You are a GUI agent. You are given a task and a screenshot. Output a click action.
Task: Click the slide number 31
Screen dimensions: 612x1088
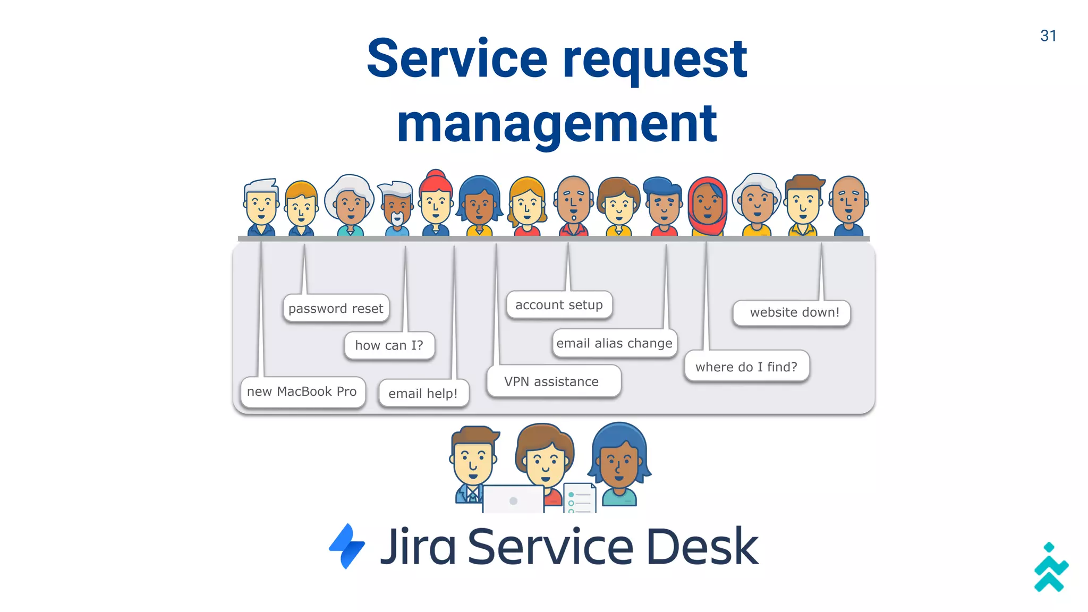[x=1048, y=36]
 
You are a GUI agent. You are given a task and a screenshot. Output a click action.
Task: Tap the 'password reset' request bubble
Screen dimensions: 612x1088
[x=336, y=309]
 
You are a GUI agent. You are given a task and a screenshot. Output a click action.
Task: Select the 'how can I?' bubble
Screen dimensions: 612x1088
[x=389, y=345]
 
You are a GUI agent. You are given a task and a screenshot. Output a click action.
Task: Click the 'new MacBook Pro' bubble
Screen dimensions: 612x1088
[x=302, y=392]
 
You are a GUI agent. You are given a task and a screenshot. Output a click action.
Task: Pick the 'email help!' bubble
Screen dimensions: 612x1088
[x=423, y=394]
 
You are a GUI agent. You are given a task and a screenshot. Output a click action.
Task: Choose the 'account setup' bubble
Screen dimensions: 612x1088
[x=559, y=305]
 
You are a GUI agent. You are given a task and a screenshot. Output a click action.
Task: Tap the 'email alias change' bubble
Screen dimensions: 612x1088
[x=614, y=343]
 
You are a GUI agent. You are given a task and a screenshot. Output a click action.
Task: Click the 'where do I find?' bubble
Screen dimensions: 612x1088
[x=746, y=367]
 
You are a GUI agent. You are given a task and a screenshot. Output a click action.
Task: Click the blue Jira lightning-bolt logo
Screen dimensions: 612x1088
[x=347, y=546]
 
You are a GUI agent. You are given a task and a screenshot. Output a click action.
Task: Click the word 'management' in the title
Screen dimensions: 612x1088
[x=557, y=124]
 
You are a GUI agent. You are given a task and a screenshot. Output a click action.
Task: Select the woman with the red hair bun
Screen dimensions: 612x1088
[x=436, y=202]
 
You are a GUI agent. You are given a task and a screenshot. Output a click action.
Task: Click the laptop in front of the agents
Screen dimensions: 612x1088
[x=513, y=499]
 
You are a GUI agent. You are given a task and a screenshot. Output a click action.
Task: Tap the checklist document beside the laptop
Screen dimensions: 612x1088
[x=579, y=498]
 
